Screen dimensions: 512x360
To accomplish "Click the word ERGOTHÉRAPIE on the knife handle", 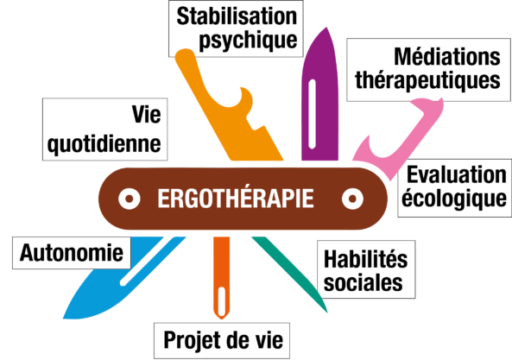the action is click(x=236, y=198).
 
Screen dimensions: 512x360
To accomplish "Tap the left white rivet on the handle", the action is click(x=130, y=199).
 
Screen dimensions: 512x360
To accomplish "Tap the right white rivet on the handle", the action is click(x=352, y=199).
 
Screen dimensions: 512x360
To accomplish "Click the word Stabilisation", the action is click(x=237, y=16).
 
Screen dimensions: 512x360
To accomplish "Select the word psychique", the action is click(x=248, y=41).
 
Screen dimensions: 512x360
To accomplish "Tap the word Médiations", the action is click(x=447, y=57).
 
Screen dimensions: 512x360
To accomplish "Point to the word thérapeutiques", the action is click(x=427, y=80).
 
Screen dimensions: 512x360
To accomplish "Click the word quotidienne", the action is click(x=104, y=144).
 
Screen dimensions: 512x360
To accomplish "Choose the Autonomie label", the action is click(x=72, y=253).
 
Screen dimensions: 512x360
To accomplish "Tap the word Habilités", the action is click(x=366, y=259).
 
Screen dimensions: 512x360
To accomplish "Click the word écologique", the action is click(x=454, y=199).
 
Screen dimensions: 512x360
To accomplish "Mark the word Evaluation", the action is click(x=457, y=174).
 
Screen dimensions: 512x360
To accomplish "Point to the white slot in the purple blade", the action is click(x=313, y=114).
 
